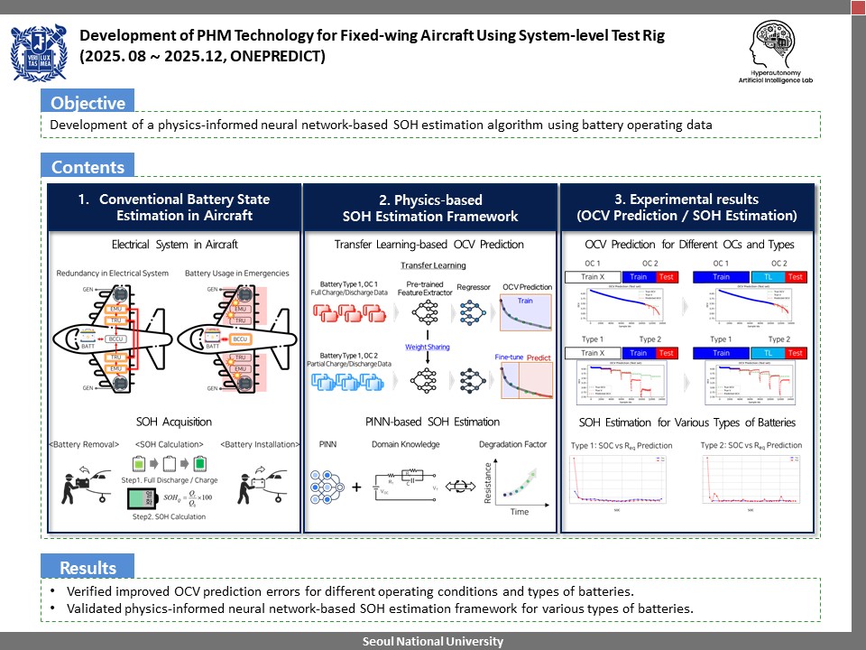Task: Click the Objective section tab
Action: coord(87,102)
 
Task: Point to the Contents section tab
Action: coord(88,167)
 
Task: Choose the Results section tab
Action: coord(88,568)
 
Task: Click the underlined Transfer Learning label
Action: coord(434,265)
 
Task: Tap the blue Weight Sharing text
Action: coord(428,347)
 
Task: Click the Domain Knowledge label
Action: coord(406,444)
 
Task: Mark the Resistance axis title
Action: coord(489,484)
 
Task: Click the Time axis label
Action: coord(520,511)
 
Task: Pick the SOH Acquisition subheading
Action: coord(174,422)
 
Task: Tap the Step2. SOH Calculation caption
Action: coord(174,516)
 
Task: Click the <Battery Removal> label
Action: coord(84,444)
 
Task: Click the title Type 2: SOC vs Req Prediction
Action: coord(751,445)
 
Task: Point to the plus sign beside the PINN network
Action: coord(357,487)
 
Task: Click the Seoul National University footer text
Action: coord(433,641)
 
